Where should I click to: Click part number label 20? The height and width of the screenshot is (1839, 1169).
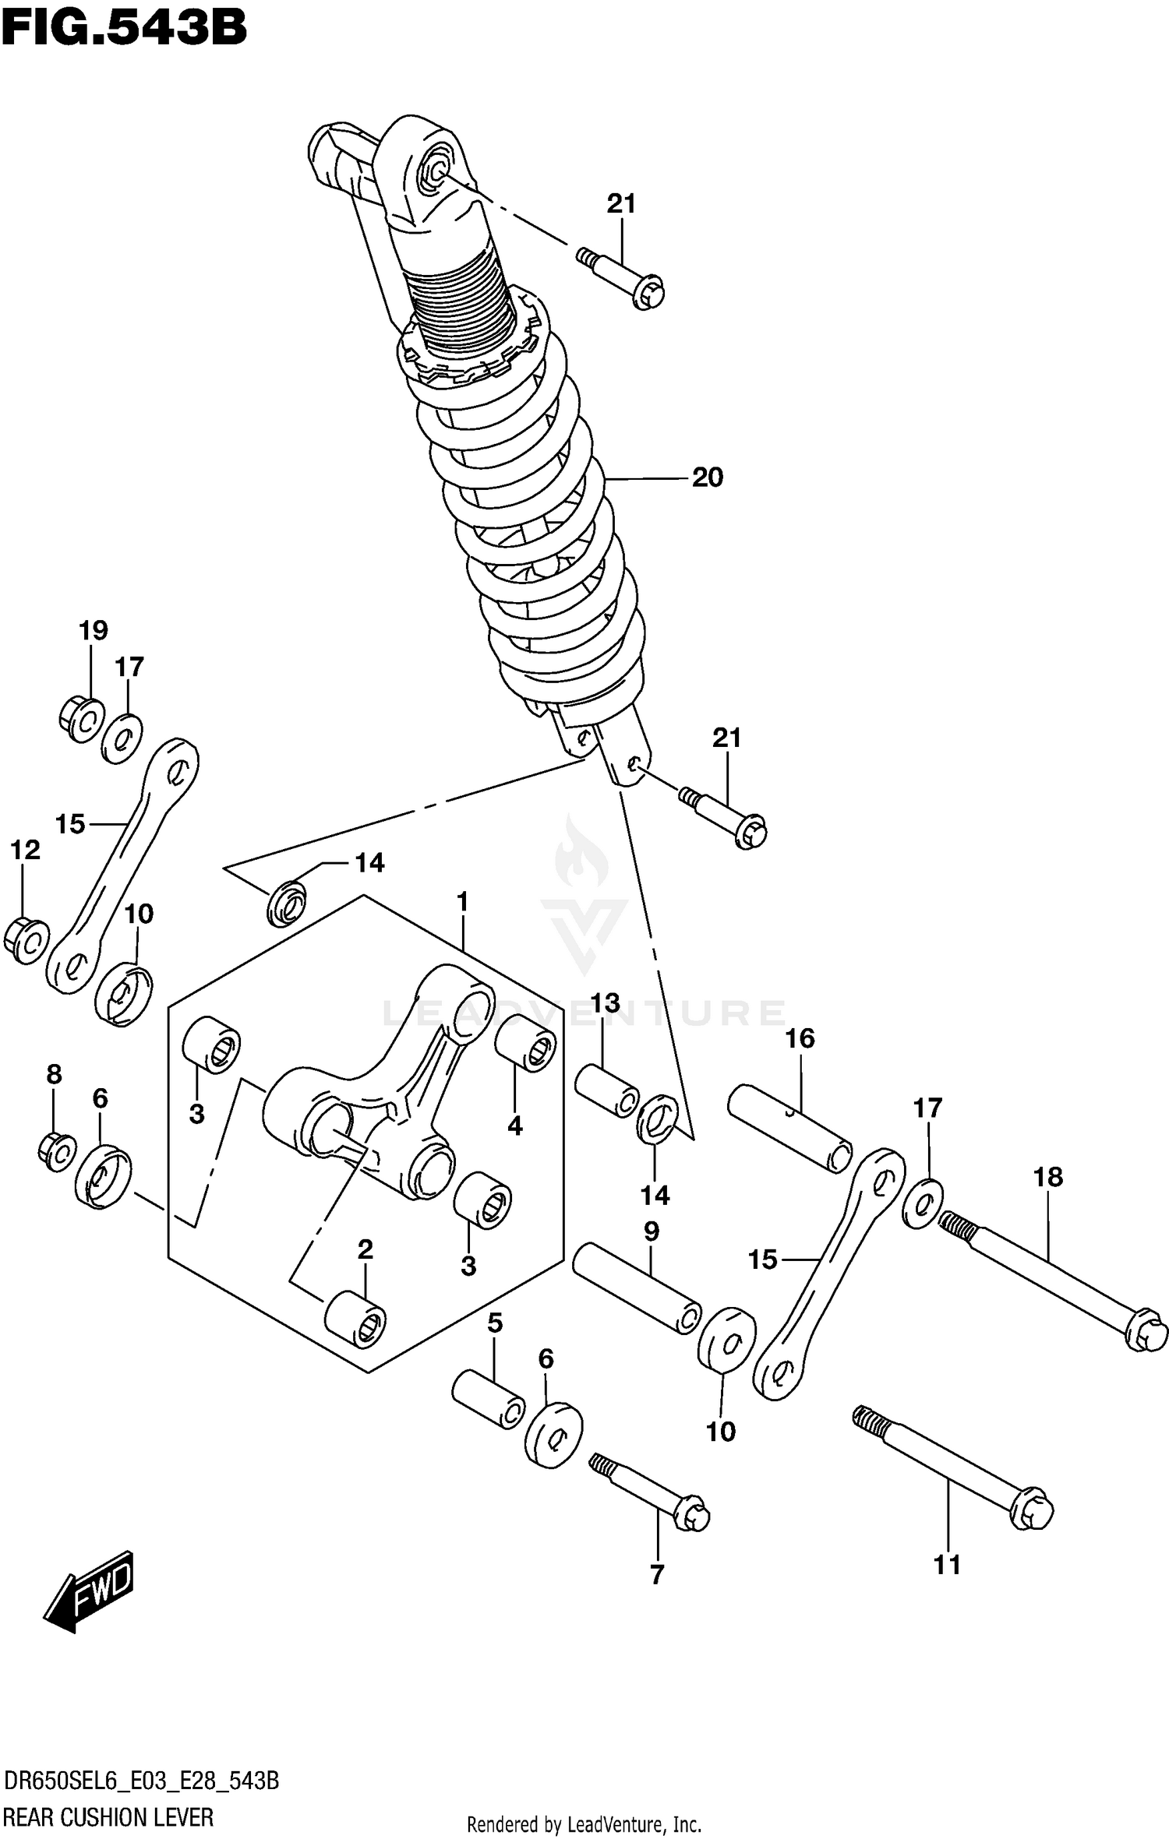(707, 477)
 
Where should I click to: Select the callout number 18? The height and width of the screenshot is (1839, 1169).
(1048, 1177)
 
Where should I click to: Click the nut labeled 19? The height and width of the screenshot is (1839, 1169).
(81, 719)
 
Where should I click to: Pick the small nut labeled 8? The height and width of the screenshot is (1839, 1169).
(56, 1152)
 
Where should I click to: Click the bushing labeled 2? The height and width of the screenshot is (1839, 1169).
(355, 1319)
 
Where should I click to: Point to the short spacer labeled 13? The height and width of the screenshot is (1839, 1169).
(606, 1090)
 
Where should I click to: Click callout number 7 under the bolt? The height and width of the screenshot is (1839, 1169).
(657, 1574)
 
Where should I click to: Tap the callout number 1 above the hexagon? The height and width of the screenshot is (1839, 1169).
(462, 902)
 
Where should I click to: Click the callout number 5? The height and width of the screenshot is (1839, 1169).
(495, 1323)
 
